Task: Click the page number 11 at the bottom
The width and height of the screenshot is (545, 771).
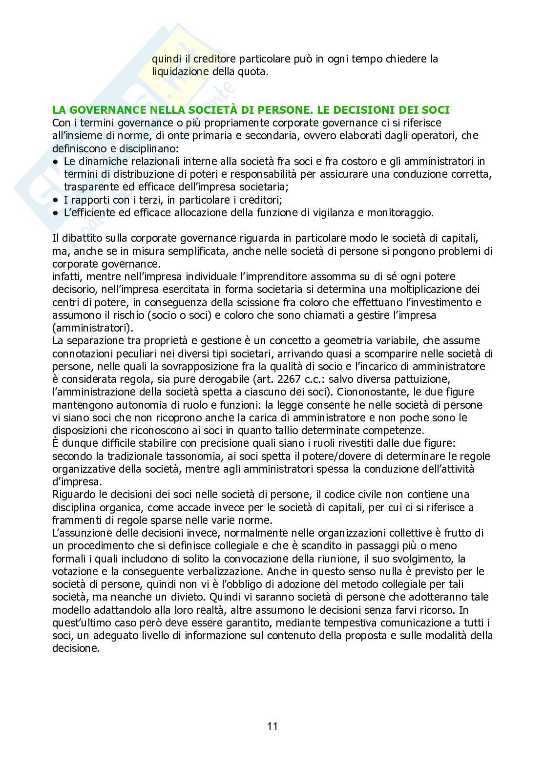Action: pos(272,726)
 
